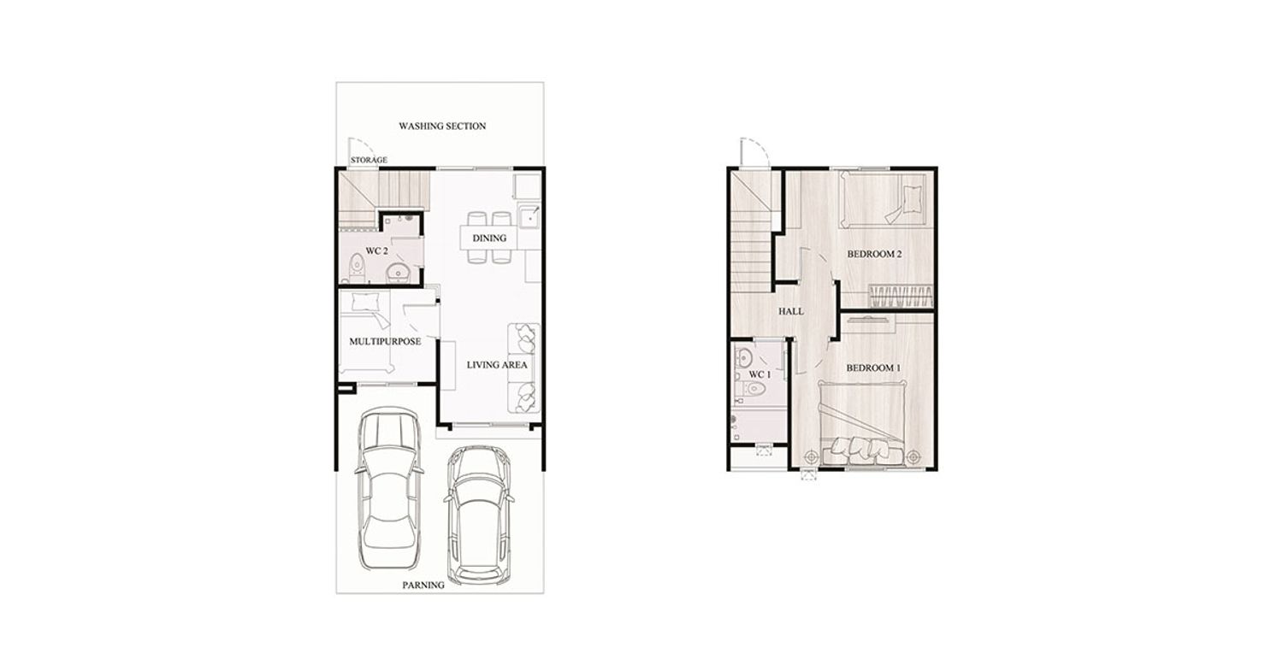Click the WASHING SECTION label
(x=442, y=126)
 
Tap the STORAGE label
(x=369, y=160)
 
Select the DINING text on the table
(x=489, y=238)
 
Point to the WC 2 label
(x=377, y=251)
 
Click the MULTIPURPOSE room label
(x=385, y=341)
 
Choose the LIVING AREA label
(x=497, y=365)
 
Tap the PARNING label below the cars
(x=423, y=586)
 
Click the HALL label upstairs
(x=790, y=311)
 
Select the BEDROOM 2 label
(x=875, y=254)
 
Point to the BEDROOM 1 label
(x=873, y=368)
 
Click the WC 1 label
(x=760, y=374)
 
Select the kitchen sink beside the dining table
(x=529, y=217)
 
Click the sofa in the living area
(x=524, y=368)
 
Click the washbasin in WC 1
(x=744, y=358)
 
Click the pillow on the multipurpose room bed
(x=364, y=301)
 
